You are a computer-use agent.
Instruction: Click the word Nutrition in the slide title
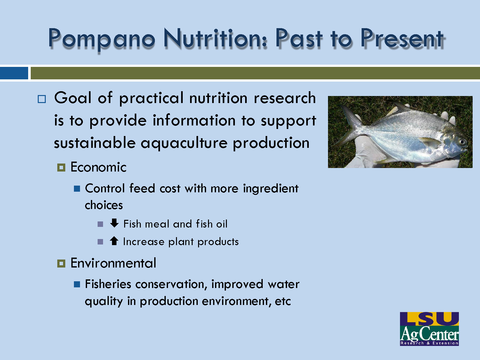(x=215, y=38)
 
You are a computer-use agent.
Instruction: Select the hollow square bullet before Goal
(x=42, y=99)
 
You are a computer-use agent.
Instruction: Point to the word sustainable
(x=95, y=143)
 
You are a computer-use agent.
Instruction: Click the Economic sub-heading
(x=98, y=167)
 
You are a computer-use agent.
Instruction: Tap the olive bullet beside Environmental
(x=61, y=263)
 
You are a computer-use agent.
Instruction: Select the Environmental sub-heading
(x=113, y=263)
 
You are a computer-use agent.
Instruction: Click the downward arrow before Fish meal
(x=114, y=223)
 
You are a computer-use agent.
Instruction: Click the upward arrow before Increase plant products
(x=114, y=241)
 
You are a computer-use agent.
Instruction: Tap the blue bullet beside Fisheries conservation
(x=77, y=284)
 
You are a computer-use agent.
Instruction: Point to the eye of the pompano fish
(x=461, y=141)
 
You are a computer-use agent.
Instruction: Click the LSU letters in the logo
(x=429, y=319)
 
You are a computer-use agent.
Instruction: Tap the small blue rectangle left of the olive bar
(x=14, y=73)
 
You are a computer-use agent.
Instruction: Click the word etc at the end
(x=283, y=301)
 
